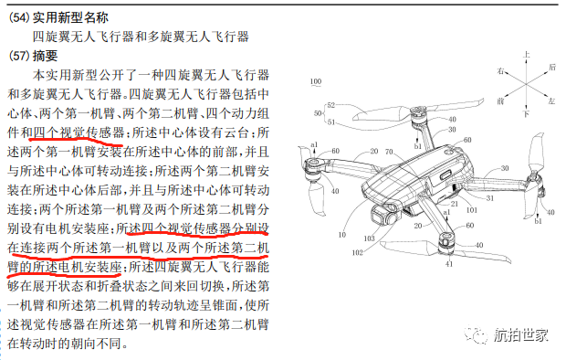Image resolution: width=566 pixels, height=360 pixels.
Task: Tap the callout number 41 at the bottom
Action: [x=448, y=265]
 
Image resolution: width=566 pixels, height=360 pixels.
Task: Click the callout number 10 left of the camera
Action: [x=341, y=233]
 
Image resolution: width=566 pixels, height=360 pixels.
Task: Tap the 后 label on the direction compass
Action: [x=553, y=68]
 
